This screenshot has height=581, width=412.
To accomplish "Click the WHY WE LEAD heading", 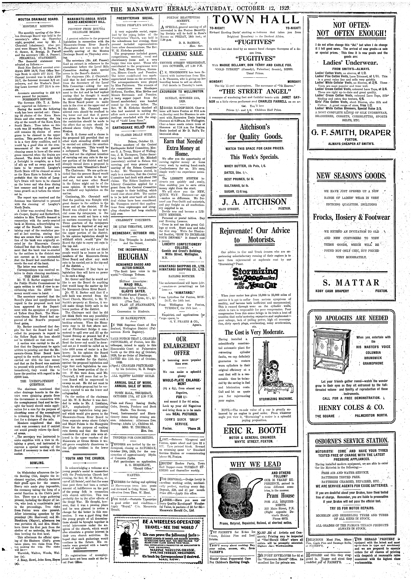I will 255,465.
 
